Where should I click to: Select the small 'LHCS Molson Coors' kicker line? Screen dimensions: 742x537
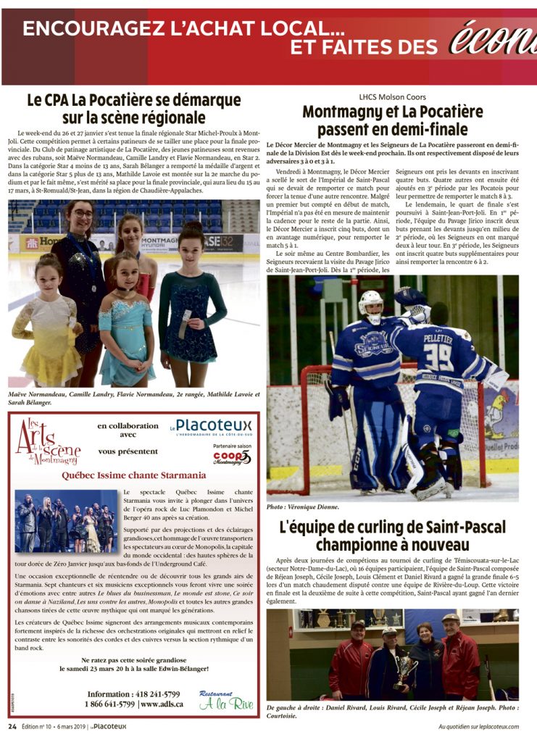click(x=392, y=96)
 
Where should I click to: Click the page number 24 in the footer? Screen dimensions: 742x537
click(x=12, y=726)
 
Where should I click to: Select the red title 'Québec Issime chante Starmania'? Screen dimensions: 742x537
click(x=133, y=475)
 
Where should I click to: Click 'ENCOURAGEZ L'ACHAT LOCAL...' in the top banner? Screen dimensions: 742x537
click(x=183, y=29)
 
